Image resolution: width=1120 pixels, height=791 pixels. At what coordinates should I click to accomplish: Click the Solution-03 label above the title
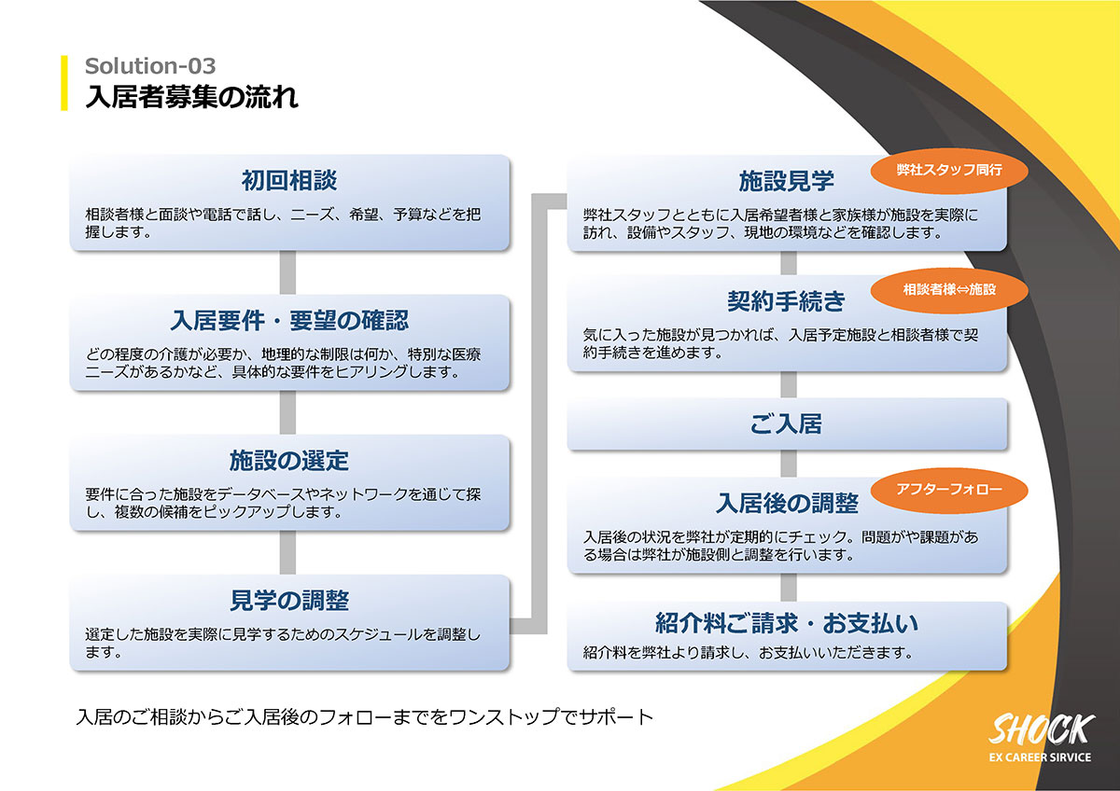(150, 66)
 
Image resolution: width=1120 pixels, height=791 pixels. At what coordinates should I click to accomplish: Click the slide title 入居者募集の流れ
(192, 96)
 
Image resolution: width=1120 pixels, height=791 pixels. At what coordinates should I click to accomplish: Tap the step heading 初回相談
(289, 180)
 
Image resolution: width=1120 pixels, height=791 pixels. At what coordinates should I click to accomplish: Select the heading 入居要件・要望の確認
(289, 320)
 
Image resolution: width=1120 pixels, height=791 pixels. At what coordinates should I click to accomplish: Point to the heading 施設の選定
(289, 460)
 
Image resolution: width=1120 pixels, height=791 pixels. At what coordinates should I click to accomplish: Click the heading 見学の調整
(289, 600)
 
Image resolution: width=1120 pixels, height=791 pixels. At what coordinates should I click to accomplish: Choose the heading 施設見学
(787, 181)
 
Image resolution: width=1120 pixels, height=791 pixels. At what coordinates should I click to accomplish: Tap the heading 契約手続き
(787, 300)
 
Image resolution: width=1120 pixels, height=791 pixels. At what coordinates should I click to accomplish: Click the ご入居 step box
(787, 423)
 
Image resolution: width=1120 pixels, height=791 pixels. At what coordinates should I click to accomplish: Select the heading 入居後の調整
(787, 503)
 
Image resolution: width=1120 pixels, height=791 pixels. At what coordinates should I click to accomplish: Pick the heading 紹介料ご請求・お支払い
(787, 622)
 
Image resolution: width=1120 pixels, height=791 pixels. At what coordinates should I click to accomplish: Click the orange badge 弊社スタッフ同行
(949, 171)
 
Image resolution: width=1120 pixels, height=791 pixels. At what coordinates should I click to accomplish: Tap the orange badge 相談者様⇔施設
(949, 290)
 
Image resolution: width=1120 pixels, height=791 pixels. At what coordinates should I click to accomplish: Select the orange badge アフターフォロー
(949, 491)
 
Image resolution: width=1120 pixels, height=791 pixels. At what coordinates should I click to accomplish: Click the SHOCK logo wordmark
(1042, 729)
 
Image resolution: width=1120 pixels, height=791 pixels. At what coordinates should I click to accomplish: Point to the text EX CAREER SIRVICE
(1040, 757)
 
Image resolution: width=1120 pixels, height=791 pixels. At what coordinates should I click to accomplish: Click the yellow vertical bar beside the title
(64, 83)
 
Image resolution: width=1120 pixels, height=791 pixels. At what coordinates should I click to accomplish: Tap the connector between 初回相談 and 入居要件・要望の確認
(287, 272)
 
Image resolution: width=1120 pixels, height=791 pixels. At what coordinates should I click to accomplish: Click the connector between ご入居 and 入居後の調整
(789, 464)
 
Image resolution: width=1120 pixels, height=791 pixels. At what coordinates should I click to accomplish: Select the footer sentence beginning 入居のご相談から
(365, 717)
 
